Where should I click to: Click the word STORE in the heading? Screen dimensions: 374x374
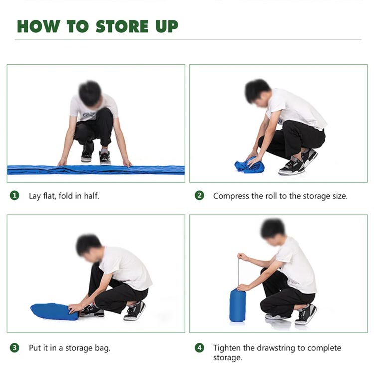(x=122, y=26)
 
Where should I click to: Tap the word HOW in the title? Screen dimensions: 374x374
(x=38, y=26)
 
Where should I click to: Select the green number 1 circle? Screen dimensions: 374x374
(x=15, y=196)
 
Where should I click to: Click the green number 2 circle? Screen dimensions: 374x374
(x=199, y=196)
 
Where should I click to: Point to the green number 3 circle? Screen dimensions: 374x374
(x=15, y=348)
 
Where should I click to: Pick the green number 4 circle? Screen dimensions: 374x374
(x=199, y=348)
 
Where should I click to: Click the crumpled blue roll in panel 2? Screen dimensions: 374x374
(x=249, y=165)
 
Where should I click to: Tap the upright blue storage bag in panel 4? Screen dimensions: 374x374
(x=237, y=305)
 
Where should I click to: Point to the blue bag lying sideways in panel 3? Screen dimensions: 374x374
(x=54, y=311)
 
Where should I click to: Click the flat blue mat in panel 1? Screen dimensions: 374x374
(x=96, y=170)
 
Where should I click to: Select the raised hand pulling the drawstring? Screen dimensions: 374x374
(x=242, y=257)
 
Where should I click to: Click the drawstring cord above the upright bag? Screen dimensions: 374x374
(x=238, y=273)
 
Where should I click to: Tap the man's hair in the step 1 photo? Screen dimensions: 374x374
(x=90, y=93)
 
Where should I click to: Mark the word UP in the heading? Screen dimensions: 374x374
(x=167, y=26)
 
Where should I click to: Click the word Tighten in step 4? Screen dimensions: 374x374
(x=227, y=348)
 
